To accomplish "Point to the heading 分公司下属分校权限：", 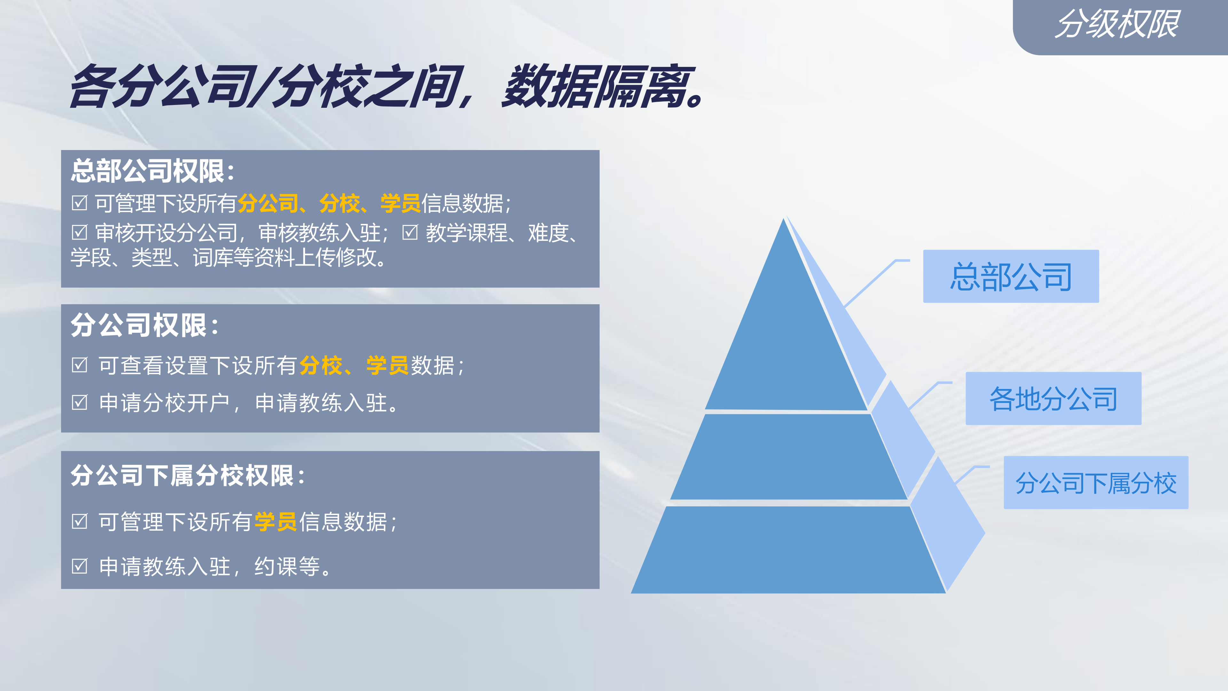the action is [x=188, y=475].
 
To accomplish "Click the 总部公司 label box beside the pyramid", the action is [x=1011, y=276].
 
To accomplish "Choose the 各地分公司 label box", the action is [x=1053, y=398].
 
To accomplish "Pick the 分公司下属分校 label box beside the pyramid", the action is [x=1096, y=483].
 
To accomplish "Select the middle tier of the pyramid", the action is [x=789, y=457].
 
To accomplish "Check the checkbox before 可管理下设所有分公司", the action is [x=80, y=203].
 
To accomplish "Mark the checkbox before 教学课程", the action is [x=410, y=232].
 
